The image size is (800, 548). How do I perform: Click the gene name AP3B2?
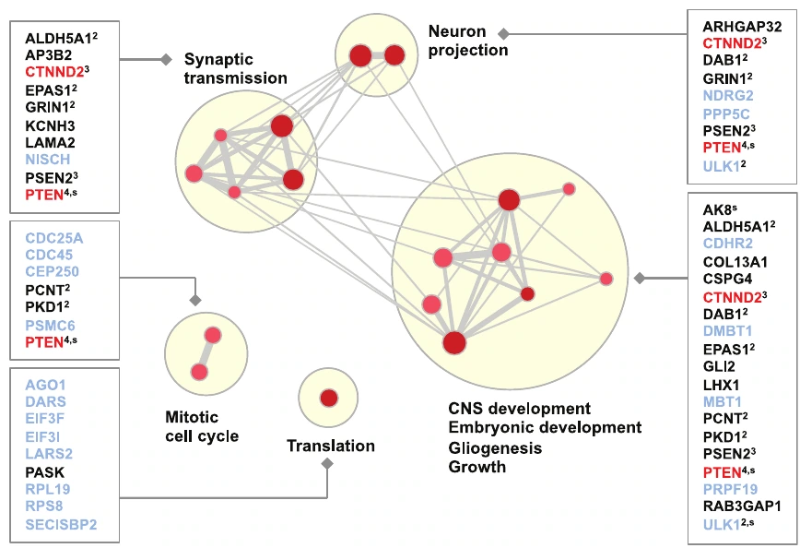coord(49,55)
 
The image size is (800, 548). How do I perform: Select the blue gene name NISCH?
coord(47,160)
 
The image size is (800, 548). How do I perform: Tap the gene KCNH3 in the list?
coord(50,125)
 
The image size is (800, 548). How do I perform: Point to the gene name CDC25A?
coord(54,238)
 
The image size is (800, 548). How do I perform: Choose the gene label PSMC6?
coord(50,326)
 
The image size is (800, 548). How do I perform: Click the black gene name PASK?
coord(45,472)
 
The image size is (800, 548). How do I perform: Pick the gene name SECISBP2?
coord(61,524)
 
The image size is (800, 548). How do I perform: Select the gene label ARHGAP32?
coord(742,27)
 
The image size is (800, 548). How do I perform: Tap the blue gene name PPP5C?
coord(726,113)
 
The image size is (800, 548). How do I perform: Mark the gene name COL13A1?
coord(735,262)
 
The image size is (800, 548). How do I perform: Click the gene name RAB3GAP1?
coord(742,506)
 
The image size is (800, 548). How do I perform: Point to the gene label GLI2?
coord(719,366)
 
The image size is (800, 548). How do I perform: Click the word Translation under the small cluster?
coord(331,446)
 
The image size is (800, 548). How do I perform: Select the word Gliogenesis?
coord(495,447)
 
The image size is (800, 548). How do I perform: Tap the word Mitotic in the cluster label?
coord(192,417)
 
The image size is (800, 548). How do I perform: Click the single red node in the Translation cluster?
coord(329,398)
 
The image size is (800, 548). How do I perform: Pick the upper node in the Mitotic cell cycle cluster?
coord(213,335)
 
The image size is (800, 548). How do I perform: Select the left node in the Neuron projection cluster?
coord(360,55)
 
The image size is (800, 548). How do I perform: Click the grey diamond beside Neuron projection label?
coord(503,34)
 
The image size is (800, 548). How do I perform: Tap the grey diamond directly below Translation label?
coord(327,464)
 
